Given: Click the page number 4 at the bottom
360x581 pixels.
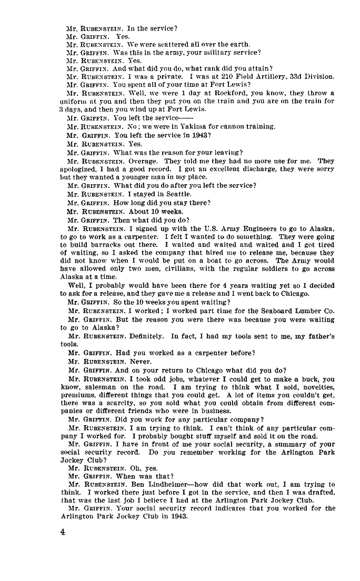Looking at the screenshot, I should pyautogui.click(x=62, y=532).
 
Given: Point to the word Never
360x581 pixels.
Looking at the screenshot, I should pyautogui.click(x=141, y=362).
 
